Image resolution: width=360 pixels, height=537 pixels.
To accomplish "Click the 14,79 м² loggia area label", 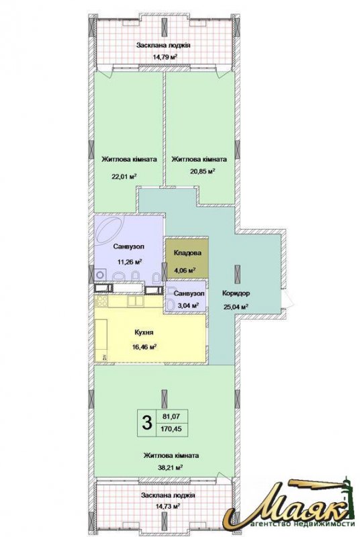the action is pos(165,56).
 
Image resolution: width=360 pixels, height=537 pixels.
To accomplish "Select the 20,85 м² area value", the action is pos(202,171).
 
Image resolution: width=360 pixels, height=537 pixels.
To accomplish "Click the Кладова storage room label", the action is pos(187,253).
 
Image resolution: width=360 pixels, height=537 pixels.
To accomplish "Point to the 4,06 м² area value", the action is pos(185,270).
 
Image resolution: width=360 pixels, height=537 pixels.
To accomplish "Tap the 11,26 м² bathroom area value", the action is pos(130,262).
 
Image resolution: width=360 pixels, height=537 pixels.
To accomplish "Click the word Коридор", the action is pos(236,293).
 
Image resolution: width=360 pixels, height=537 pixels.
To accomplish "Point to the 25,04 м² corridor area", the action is pos(236,307).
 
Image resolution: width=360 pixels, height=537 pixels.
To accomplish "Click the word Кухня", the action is pos(144,332).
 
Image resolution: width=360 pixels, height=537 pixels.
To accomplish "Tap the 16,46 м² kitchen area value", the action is pos(144,346).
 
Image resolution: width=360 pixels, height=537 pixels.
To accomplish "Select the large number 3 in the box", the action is pos(146,423).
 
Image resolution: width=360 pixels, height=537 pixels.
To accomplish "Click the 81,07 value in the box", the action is pos(172,417).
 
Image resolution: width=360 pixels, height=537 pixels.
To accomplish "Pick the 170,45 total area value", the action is pos(172,429).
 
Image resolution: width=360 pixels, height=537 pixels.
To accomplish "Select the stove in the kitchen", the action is pos(101,301).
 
